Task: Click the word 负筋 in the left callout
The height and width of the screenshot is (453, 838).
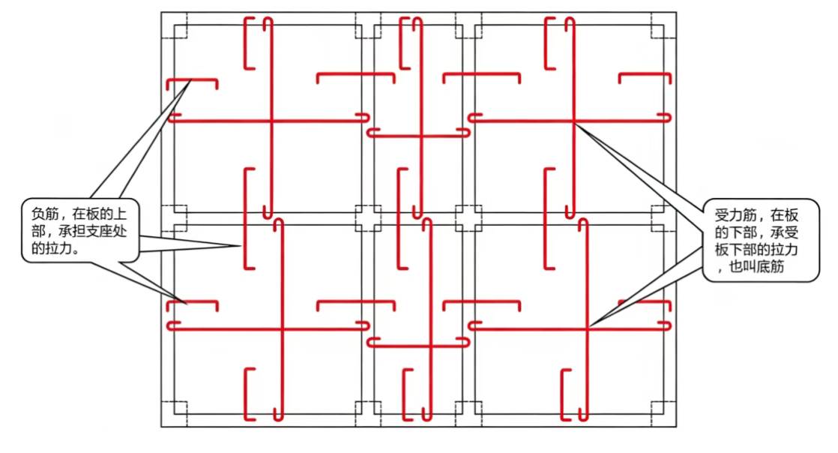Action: (x=45, y=214)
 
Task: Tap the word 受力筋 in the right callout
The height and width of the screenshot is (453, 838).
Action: (x=735, y=215)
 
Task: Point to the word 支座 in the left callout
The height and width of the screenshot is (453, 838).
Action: (x=98, y=232)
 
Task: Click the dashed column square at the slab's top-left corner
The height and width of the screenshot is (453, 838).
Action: (x=174, y=25)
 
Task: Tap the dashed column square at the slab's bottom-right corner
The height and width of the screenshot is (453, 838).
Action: (x=664, y=414)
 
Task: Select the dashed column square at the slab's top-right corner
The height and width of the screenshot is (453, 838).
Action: (x=664, y=25)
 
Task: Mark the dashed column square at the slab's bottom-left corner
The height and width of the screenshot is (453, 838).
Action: (x=174, y=414)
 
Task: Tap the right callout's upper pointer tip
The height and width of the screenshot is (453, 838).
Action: (x=575, y=124)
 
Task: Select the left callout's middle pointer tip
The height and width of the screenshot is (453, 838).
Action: (x=241, y=246)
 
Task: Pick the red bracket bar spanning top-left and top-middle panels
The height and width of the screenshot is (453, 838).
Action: (x=356, y=73)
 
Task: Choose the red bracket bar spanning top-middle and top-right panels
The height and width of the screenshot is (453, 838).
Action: (x=481, y=73)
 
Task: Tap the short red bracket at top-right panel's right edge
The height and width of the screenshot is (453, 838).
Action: (x=645, y=73)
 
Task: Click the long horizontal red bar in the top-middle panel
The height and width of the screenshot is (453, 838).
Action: (x=418, y=136)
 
